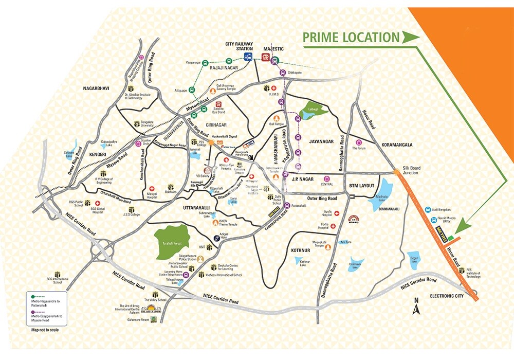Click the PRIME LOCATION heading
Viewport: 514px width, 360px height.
(x=351, y=38)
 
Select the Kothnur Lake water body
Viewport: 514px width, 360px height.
(x=301, y=261)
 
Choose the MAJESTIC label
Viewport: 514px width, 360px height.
(x=273, y=49)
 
